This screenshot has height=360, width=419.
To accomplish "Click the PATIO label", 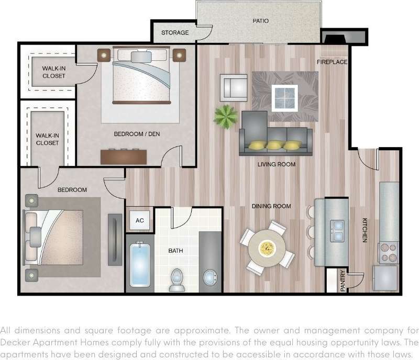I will click(x=260, y=21).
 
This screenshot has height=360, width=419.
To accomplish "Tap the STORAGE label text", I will click(x=175, y=33).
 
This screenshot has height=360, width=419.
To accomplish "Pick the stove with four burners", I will click(x=388, y=252).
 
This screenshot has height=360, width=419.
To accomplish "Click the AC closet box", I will click(x=140, y=220).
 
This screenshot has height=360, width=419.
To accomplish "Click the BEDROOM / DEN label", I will click(x=137, y=134).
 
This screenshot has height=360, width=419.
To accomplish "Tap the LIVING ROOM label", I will click(x=277, y=164).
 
